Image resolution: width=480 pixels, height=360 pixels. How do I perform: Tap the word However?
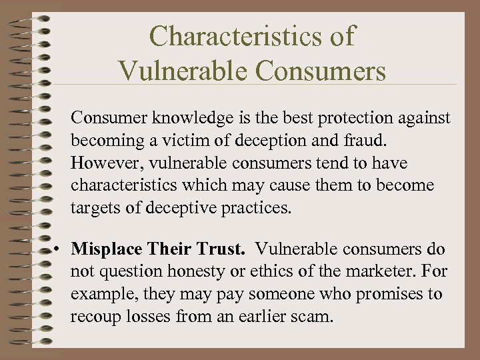click(103, 163)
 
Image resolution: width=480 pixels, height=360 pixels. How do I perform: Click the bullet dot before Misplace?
click(60, 249)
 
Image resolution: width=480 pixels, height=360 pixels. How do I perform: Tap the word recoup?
click(95, 317)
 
